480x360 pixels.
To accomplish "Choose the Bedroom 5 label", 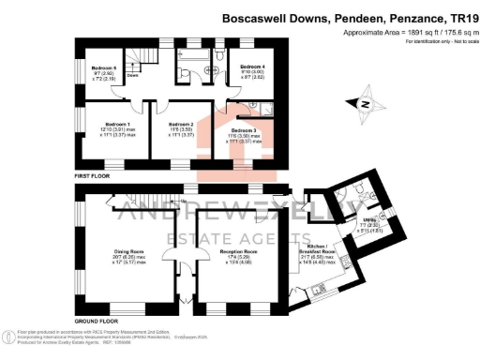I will click(103, 68).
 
